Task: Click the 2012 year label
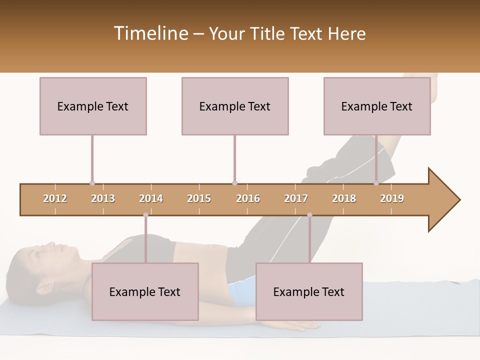click(x=55, y=198)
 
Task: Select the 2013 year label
click(x=103, y=198)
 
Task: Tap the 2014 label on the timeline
click(x=151, y=198)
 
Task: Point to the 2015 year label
click(x=199, y=198)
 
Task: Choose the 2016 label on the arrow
click(x=248, y=198)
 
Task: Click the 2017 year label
click(x=296, y=198)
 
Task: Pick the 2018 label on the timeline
click(x=344, y=198)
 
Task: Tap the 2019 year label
click(x=392, y=198)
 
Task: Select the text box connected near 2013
click(x=93, y=106)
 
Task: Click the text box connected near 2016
click(x=235, y=106)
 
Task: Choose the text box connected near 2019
click(x=377, y=106)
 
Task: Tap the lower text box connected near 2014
click(x=145, y=291)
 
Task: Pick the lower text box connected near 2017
click(x=309, y=291)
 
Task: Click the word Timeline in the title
click(x=150, y=33)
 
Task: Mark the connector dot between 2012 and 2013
click(x=92, y=183)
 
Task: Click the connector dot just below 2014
click(x=145, y=215)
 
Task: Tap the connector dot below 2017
click(x=309, y=215)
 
